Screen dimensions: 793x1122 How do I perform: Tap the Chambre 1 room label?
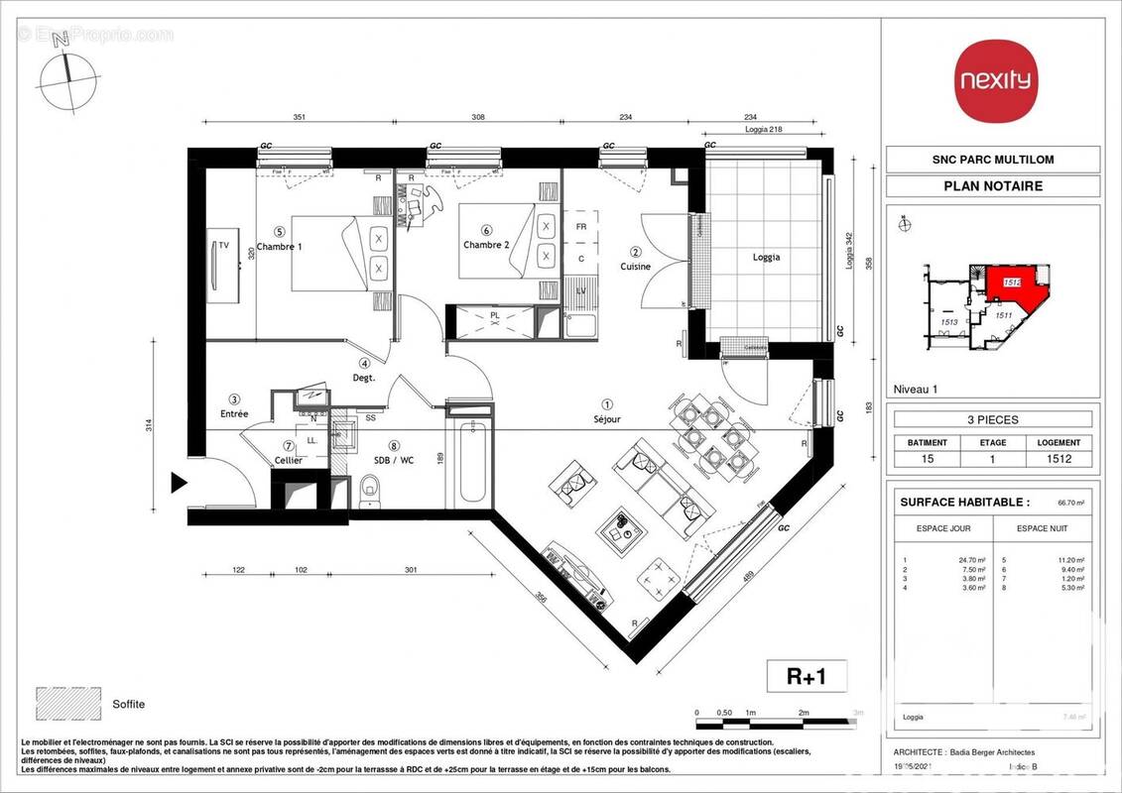(x=279, y=247)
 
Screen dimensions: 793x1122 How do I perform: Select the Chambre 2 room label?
(x=486, y=245)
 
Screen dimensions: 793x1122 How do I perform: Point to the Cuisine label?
(x=636, y=266)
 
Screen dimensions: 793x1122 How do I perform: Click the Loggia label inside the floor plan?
(x=766, y=257)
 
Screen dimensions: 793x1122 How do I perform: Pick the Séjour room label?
(x=607, y=418)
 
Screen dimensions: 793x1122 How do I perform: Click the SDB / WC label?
(x=394, y=461)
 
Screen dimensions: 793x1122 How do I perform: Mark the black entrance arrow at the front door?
(x=180, y=484)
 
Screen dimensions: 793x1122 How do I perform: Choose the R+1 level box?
(x=808, y=677)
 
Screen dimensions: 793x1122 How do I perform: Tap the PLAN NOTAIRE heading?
(x=992, y=186)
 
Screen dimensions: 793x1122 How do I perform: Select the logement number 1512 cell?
(x=1060, y=458)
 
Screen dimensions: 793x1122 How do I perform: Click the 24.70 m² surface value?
(x=947, y=560)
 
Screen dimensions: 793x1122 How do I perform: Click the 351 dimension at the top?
(x=299, y=116)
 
